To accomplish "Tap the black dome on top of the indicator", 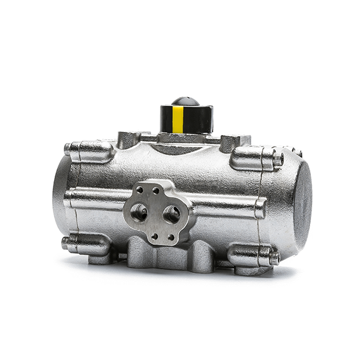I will (185, 101).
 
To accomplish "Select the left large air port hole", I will (139, 212).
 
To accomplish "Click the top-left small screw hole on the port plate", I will (140, 190).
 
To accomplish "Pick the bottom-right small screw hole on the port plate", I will (170, 237).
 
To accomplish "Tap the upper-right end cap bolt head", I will (277, 160).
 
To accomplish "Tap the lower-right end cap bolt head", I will (274, 257).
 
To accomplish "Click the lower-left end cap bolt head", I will (65, 242).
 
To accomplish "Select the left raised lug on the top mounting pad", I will (127, 139).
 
